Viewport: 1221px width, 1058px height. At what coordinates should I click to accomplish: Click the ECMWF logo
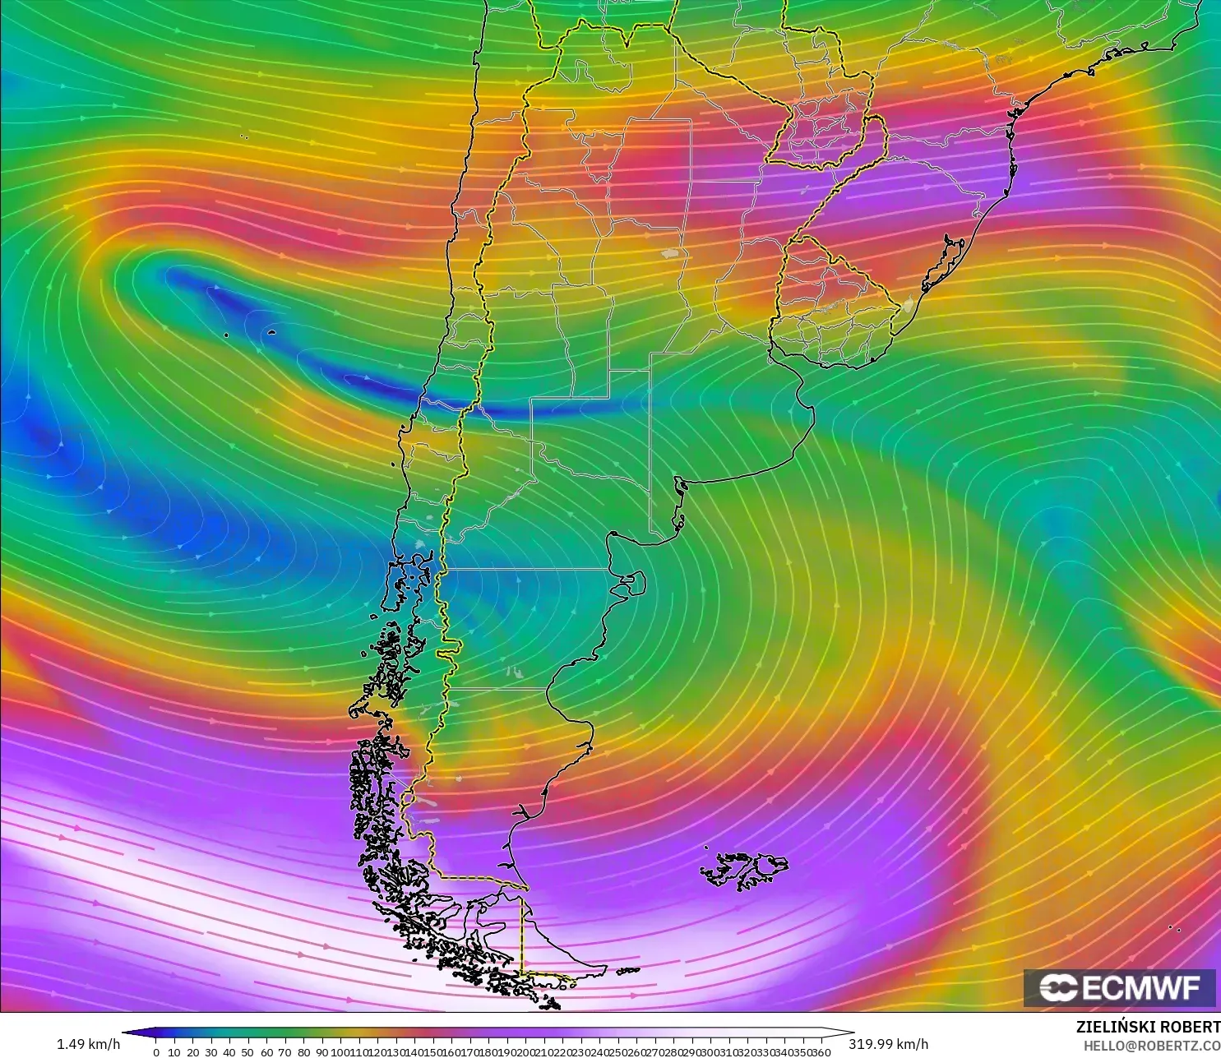pyautogui.click(x=1119, y=987)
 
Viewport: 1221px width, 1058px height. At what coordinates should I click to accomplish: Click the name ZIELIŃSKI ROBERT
pyautogui.click(x=1148, y=1027)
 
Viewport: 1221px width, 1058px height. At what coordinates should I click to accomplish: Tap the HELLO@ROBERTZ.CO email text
pyautogui.click(x=1151, y=1046)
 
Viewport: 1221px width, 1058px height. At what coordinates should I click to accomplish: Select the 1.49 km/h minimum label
pyautogui.click(x=88, y=1044)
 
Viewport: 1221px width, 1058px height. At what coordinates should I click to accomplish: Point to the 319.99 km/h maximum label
pyautogui.click(x=888, y=1044)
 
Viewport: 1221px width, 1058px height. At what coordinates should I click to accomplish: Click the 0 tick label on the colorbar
pyautogui.click(x=155, y=1052)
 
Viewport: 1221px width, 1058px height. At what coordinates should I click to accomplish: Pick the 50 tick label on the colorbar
pyautogui.click(x=247, y=1052)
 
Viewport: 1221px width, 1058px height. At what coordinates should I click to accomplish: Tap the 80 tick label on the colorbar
pyautogui.click(x=303, y=1052)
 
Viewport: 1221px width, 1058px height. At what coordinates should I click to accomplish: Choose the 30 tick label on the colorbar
pyautogui.click(x=210, y=1052)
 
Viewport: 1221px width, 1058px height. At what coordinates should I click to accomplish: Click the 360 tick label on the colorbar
pyautogui.click(x=821, y=1052)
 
